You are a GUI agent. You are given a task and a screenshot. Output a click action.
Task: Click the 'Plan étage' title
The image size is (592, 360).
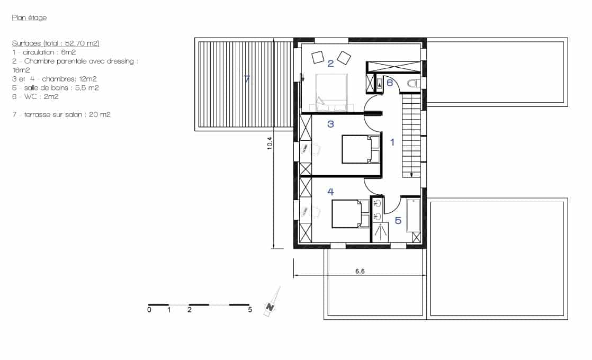tap(29, 18)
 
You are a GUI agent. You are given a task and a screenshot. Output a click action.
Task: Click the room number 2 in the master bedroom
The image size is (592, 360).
tap(330, 64)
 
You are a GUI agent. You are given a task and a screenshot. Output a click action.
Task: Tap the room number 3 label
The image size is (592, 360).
tap(330, 124)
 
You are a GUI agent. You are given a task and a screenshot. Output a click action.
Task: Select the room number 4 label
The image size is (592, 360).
tap(330, 192)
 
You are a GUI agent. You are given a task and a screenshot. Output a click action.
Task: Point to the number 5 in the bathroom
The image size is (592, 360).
tap(398, 220)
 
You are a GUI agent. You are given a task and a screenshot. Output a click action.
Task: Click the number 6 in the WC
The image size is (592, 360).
tap(390, 82)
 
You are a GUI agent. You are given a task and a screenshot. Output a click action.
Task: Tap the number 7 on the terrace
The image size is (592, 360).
tap(247, 79)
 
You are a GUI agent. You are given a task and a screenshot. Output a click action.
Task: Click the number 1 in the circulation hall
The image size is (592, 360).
tap(392, 142)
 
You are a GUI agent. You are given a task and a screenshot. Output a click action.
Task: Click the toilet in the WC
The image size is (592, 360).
tap(414, 83)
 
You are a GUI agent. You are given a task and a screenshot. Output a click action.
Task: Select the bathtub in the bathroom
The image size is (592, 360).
tap(414, 215)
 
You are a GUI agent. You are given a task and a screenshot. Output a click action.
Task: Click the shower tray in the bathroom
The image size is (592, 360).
tap(380, 232)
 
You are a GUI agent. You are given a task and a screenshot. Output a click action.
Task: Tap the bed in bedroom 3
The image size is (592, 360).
tap(361, 149)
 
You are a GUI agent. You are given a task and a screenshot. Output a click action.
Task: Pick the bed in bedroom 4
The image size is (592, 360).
tap(351, 214)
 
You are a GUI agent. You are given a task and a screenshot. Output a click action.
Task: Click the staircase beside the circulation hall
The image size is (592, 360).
tap(411, 136)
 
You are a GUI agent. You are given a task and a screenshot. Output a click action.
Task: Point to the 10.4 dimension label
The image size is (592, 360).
tap(270, 143)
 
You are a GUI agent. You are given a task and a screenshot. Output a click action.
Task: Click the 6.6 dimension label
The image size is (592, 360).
tap(360, 271)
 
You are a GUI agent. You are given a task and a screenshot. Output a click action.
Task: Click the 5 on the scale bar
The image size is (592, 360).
tap(249, 310)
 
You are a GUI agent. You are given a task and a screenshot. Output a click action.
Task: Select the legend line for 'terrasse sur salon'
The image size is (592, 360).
tap(61, 114)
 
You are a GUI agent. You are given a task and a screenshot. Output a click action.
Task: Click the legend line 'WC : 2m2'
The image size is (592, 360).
tap(35, 96)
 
